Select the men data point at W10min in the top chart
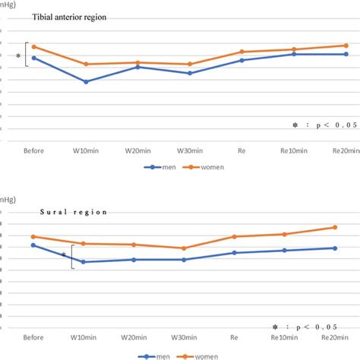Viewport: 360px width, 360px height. point(85,81)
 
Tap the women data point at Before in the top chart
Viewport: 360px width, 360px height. point(33,46)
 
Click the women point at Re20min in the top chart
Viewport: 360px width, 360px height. point(346,45)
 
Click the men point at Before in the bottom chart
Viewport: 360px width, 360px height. point(33,245)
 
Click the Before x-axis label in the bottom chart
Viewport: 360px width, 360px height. point(33,337)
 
